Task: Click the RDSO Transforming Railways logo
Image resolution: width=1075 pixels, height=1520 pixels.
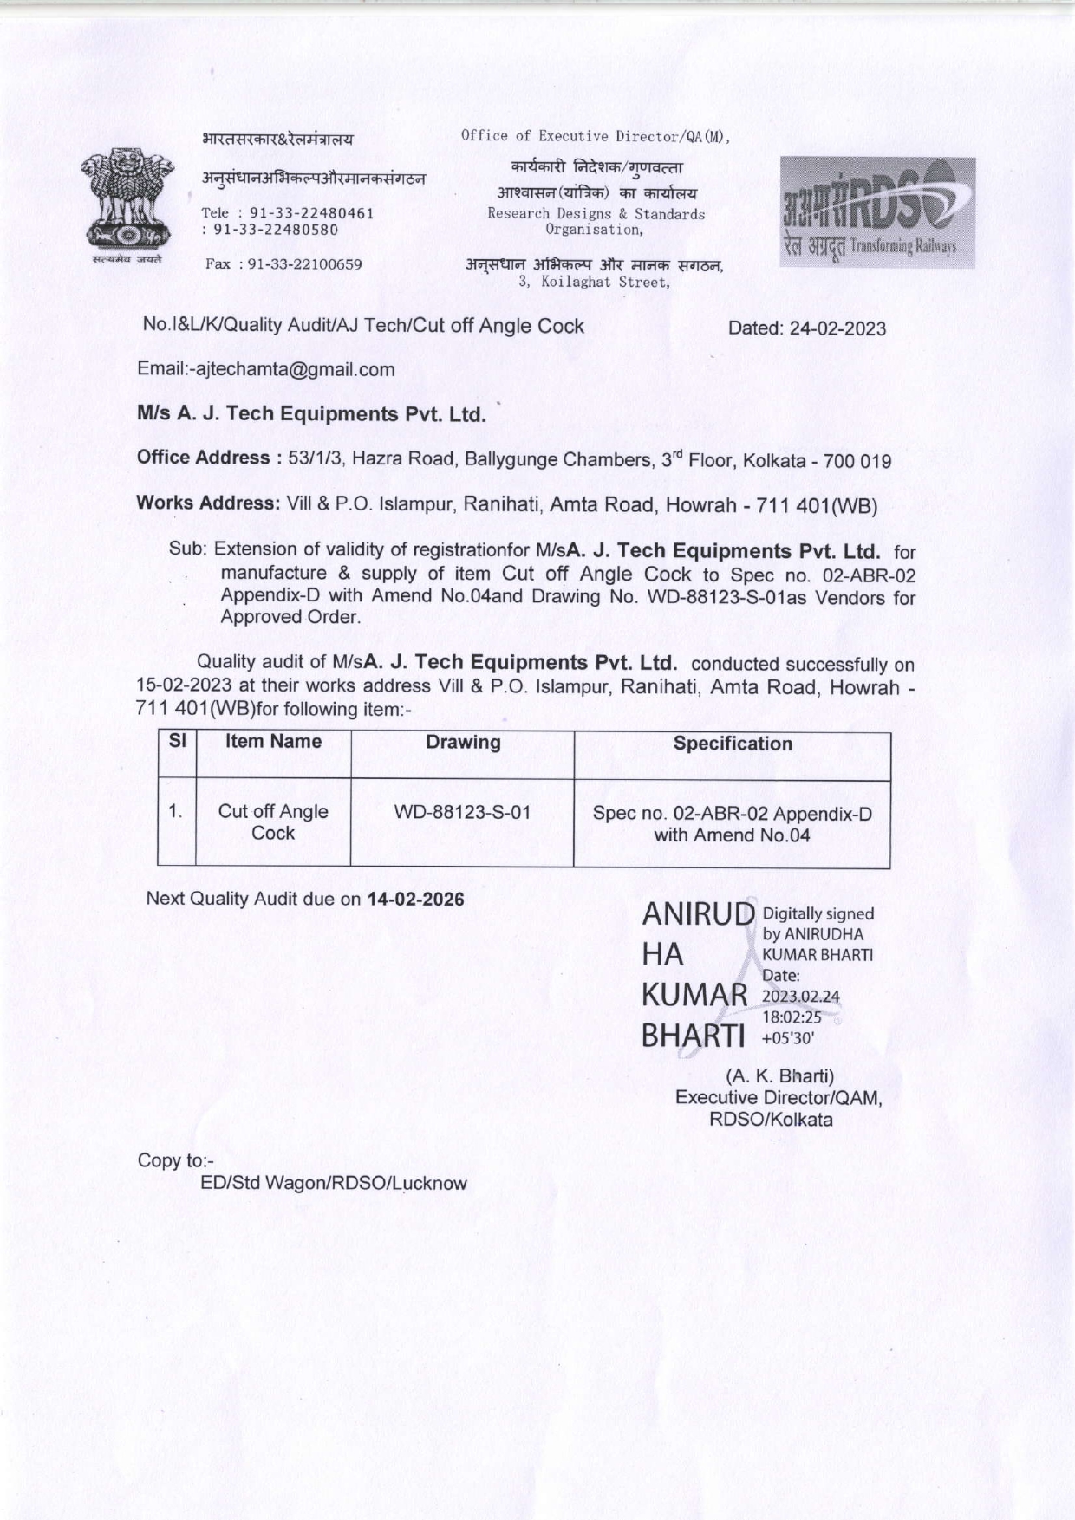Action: (876, 212)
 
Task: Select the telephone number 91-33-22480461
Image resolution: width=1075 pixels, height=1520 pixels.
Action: (311, 213)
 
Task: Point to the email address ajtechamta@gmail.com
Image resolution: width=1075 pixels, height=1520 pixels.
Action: (296, 370)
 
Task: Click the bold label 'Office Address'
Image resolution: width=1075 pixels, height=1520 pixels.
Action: (203, 458)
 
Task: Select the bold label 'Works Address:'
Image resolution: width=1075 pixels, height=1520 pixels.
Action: (207, 503)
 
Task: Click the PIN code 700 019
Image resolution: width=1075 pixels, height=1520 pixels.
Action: (857, 461)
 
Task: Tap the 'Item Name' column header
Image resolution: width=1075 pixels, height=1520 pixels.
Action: (273, 742)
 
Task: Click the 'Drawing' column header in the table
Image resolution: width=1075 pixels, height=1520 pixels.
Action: (463, 743)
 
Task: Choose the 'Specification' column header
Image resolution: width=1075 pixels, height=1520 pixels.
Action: (733, 744)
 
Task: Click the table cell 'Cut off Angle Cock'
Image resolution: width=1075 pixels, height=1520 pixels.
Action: (273, 822)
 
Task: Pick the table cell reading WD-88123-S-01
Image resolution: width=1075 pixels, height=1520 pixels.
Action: (462, 813)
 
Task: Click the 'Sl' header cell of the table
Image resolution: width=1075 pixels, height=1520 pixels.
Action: (177, 742)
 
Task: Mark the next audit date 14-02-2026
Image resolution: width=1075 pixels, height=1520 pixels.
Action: (416, 900)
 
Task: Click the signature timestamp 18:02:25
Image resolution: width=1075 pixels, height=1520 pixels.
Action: (792, 1017)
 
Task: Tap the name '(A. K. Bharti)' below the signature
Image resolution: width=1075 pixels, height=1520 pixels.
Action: (780, 1076)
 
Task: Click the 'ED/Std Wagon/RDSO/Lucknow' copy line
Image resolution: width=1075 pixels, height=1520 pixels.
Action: (334, 1184)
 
